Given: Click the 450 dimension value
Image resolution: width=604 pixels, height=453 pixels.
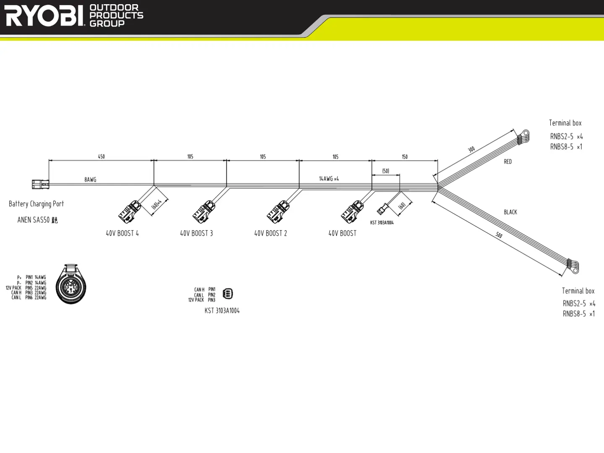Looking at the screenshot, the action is [x=102, y=156].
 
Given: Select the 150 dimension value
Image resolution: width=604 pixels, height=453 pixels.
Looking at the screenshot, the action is [x=405, y=156].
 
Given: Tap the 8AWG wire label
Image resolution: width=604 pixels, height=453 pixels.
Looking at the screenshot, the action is [x=90, y=180].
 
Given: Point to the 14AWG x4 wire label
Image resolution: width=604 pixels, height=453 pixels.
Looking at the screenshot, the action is [x=329, y=179].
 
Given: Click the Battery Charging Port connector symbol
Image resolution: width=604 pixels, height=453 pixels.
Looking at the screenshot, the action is [x=41, y=184].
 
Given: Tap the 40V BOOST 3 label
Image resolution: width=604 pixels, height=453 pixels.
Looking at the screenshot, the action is [x=196, y=233].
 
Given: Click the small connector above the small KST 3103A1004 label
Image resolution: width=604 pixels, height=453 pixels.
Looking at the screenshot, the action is [x=383, y=209].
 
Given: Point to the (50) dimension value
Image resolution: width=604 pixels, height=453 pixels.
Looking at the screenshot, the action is [x=385, y=171].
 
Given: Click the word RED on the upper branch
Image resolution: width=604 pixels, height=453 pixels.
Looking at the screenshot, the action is [x=508, y=161].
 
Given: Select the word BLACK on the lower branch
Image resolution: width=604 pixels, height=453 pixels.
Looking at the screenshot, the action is [x=510, y=212].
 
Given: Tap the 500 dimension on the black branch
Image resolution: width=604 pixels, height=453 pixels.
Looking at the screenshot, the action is [x=499, y=235].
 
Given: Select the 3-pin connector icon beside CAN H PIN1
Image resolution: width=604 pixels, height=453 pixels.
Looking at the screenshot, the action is [x=227, y=294].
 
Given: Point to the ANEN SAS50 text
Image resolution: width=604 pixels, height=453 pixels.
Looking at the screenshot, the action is [x=34, y=220].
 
